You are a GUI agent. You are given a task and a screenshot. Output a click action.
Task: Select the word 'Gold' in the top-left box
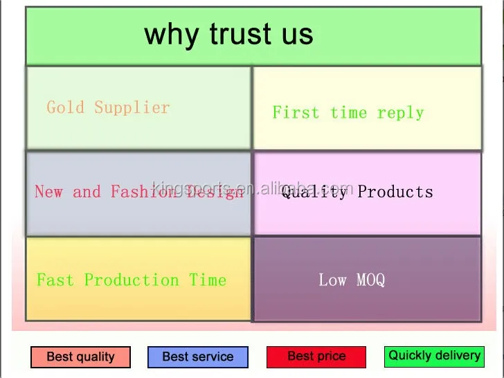[66, 107]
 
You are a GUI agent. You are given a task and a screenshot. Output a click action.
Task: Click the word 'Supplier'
[132, 107]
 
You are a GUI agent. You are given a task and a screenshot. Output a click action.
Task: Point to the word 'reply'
[400, 113]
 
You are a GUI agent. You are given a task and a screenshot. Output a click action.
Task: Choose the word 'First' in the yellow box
[296, 112]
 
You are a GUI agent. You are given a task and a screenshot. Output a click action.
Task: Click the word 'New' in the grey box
[48, 192]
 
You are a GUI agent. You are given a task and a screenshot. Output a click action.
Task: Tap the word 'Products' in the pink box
[395, 192]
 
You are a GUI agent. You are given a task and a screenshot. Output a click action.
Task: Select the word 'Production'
[132, 280]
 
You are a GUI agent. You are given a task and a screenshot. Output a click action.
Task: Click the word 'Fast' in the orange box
[55, 280]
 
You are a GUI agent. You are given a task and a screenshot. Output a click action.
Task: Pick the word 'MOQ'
[370, 280]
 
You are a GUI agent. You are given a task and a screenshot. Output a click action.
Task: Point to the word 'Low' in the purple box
[332, 280]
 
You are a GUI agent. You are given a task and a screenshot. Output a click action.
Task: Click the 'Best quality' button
[80, 357]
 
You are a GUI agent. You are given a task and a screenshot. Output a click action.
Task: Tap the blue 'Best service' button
[197, 357]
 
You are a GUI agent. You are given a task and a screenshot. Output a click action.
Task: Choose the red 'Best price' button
[316, 357]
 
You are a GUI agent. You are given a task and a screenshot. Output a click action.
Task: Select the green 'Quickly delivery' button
[434, 356]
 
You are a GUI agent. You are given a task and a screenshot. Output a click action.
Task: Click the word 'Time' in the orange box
[208, 280]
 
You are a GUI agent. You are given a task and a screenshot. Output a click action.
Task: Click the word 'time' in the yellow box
[348, 113]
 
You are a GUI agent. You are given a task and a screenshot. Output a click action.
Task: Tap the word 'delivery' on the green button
[458, 356]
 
